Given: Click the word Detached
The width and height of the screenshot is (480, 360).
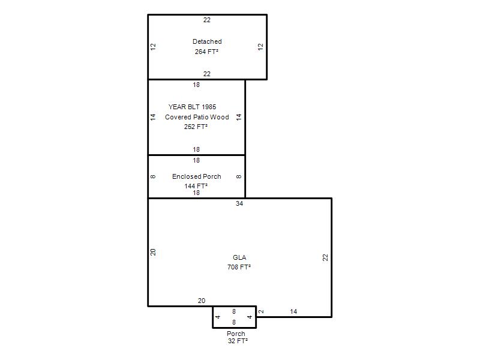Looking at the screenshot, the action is point(207,41).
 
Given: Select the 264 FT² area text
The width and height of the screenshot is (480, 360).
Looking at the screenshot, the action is point(206,52).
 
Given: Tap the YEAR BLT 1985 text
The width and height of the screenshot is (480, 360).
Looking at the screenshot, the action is point(192,107).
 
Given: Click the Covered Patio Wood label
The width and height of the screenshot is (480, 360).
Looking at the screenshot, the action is point(197,117).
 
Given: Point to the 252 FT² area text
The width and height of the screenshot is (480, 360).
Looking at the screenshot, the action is point(196,127).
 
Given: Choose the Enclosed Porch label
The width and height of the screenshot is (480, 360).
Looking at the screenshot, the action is point(197,176).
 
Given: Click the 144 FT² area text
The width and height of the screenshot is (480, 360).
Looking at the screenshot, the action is point(196,186).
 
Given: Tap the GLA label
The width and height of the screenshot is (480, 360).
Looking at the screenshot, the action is point(239,257).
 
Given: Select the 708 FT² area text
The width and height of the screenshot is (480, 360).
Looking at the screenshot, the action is point(239,267).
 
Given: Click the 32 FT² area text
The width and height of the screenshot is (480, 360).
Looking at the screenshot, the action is point(238,341).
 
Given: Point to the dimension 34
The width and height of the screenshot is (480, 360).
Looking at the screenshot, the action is point(239,203).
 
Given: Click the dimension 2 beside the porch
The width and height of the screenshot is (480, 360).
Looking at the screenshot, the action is point(261,311).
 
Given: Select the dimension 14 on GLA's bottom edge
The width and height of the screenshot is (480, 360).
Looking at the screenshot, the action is point(293,311).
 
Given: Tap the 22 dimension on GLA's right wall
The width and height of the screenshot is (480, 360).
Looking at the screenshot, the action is point(325,257).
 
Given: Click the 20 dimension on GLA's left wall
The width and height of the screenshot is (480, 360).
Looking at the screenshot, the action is point(153,252).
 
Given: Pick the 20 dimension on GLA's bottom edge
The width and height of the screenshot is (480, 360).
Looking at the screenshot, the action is point(202,301).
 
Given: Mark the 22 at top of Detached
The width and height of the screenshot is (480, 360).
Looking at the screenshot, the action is point(207,20).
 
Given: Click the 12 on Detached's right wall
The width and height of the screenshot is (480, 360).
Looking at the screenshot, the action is point(260,47).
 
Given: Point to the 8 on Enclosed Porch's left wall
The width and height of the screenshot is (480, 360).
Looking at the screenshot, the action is point(153,176).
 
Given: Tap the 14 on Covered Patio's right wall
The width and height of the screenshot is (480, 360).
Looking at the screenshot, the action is point(239,117).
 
